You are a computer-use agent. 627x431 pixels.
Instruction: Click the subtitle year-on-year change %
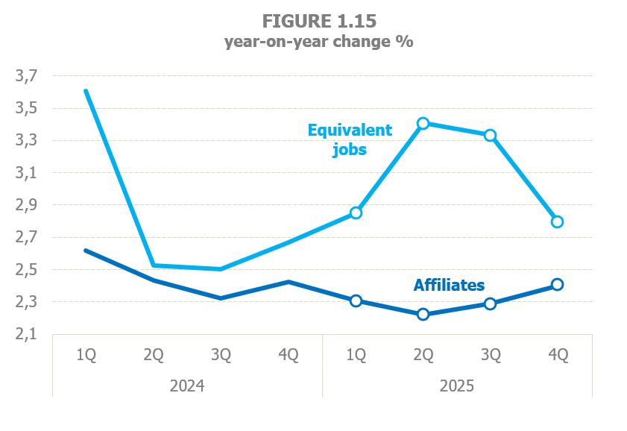point(319,42)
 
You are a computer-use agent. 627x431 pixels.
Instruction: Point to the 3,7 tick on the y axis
point(26,76)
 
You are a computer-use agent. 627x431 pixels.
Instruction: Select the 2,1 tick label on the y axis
point(26,335)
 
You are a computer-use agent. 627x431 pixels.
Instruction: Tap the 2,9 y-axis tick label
point(26,205)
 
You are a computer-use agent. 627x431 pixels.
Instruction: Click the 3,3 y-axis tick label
point(26,141)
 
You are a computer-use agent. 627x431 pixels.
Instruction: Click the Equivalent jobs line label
point(350,139)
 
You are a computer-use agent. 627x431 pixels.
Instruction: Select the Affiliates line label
point(449,285)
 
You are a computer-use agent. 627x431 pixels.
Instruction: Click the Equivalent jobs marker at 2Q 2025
point(423,123)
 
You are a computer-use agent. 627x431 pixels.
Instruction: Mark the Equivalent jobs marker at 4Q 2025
point(557,221)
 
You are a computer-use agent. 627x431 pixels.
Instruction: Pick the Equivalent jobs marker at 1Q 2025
point(356,213)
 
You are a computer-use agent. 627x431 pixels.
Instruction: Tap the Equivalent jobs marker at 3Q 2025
point(491,135)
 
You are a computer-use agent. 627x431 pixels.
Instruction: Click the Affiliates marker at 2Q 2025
point(423,314)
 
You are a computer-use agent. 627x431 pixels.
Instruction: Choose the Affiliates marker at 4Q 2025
point(557,284)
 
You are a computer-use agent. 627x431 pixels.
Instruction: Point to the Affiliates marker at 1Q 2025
point(356,301)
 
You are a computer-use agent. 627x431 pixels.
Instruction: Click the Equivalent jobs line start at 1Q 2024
point(86,91)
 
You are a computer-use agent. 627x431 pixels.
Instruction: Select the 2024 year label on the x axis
point(186,386)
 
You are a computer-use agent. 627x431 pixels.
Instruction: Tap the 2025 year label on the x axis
point(456,386)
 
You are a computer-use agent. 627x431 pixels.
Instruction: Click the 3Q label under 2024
point(221,356)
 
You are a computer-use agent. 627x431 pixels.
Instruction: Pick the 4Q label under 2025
point(557,356)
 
